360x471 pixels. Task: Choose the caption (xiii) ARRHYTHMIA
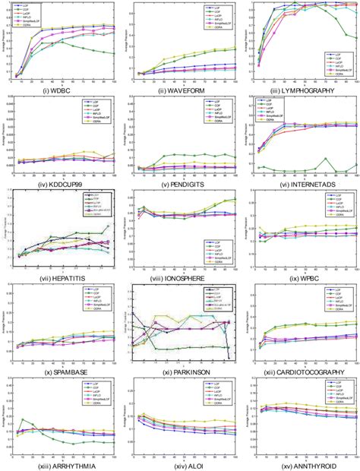pos(60,465)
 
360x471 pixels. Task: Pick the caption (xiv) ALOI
pos(180,465)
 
